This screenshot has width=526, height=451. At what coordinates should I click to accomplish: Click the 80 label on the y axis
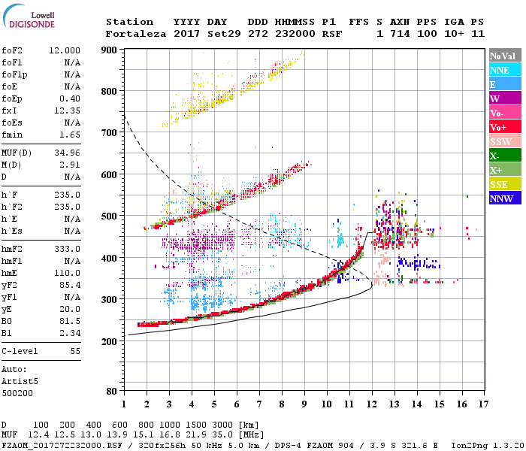point(112,392)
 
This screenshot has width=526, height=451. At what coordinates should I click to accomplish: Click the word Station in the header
point(129,22)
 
